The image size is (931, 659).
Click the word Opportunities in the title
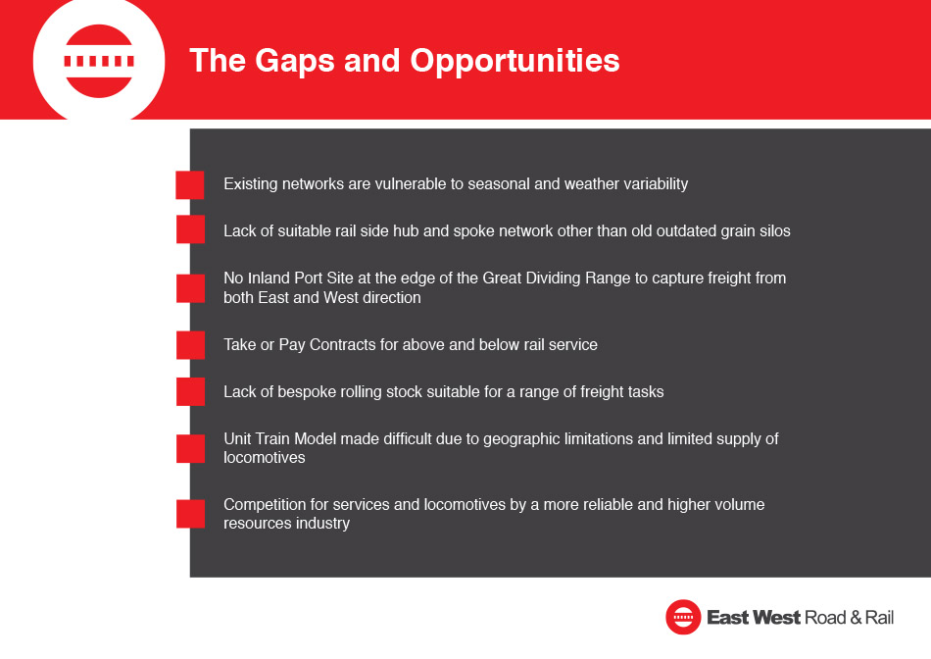coord(514,62)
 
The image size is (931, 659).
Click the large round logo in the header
coord(99,61)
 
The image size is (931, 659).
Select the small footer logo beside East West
coord(683,618)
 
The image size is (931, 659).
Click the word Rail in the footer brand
coord(879,618)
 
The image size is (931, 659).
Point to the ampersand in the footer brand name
coord(856,618)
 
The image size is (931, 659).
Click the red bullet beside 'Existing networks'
coord(190,184)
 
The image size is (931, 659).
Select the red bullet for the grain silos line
coord(190,229)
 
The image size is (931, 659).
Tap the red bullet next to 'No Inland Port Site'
coord(190,288)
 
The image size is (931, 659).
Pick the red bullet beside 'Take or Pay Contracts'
coord(190,345)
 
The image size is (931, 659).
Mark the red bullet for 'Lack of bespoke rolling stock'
coord(190,391)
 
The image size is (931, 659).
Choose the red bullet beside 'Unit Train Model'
coord(190,448)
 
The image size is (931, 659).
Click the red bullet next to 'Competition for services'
coord(190,514)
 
